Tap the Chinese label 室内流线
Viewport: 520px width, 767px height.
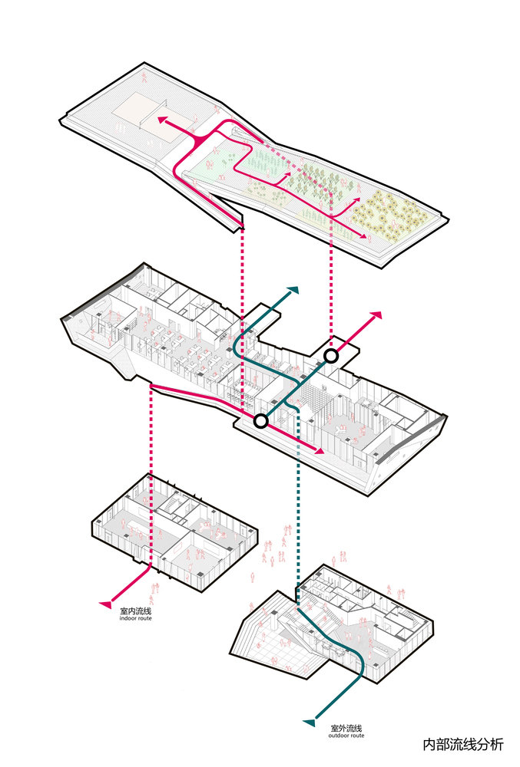point(134,611)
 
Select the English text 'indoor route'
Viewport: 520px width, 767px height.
point(134,619)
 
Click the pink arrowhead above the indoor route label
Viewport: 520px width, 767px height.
point(105,604)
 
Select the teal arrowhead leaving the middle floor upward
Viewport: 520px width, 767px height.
point(293,292)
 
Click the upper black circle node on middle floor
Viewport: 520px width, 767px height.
point(331,355)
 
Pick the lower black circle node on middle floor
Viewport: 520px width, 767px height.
point(260,420)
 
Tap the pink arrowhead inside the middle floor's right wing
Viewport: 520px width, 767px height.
point(316,449)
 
